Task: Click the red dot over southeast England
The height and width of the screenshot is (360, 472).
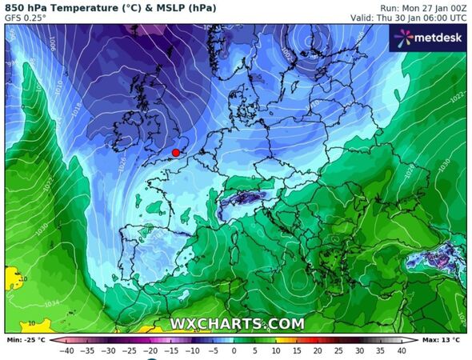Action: pyautogui.click(x=176, y=152)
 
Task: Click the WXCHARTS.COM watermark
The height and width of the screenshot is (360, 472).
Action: pyautogui.click(x=237, y=324)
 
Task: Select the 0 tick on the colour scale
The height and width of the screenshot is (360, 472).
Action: pyautogui.click(x=234, y=350)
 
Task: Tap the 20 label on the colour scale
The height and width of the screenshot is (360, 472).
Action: pyautogui.click(x=318, y=350)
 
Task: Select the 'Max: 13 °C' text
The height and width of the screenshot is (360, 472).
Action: pyautogui.click(x=442, y=340)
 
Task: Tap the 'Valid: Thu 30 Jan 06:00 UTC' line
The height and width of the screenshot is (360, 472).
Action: pyautogui.click(x=408, y=17)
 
